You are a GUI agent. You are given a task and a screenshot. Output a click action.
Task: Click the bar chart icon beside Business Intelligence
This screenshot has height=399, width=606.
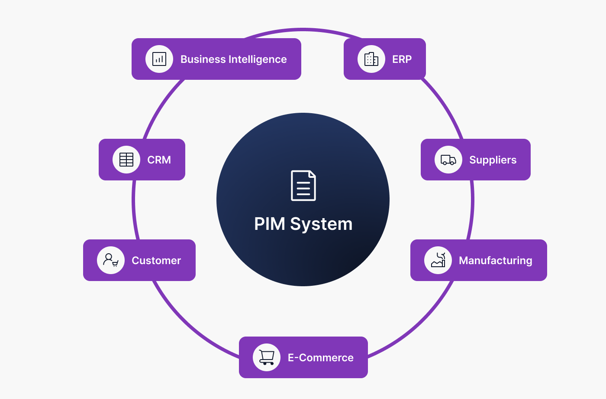point(159,59)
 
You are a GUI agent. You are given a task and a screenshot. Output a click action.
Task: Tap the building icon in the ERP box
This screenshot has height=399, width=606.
point(371,59)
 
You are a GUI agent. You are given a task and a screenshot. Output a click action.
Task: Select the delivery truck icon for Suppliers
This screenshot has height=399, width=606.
point(448,160)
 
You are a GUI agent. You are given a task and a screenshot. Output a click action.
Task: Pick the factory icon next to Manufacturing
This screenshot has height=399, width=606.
point(438,260)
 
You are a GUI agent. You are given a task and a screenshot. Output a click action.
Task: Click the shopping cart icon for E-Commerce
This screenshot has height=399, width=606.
point(267,357)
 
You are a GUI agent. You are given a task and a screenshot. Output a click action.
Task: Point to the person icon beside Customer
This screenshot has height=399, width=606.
point(111,260)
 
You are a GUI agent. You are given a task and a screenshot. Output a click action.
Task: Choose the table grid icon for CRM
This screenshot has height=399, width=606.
point(126,160)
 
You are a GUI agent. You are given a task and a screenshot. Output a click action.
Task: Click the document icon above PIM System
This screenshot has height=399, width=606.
point(303,186)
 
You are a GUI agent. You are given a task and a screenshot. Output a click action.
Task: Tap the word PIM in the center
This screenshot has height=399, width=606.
point(269,224)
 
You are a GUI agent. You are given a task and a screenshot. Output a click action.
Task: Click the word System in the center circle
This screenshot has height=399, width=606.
point(321,224)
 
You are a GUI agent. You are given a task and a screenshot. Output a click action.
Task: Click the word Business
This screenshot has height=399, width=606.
point(203,59)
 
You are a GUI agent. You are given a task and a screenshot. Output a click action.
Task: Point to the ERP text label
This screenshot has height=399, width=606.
point(402,59)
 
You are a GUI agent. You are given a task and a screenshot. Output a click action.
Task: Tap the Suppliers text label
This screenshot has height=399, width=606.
point(493,160)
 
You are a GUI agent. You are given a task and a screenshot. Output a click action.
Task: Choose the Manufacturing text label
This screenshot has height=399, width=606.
point(495,261)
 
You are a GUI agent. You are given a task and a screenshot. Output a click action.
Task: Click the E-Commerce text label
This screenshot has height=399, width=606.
point(320,358)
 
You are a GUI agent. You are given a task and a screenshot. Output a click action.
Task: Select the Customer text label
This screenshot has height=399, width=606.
point(156,261)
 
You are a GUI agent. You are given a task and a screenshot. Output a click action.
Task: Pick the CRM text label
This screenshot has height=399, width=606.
point(159,160)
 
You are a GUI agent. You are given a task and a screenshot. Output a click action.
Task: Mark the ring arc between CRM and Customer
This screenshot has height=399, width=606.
point(134,210)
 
